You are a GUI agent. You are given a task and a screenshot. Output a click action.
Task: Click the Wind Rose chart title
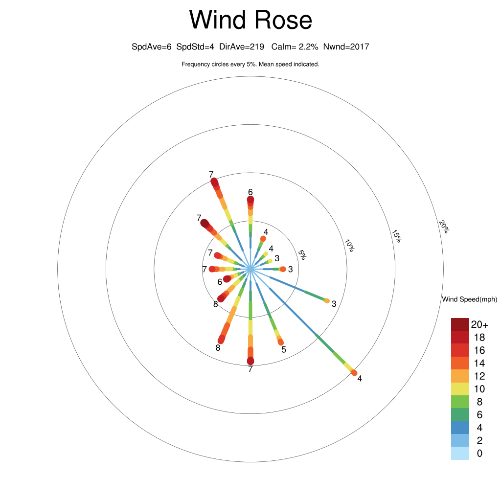pyautogui.click(x=250, y=20)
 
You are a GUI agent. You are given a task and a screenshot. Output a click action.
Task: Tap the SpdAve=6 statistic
pyautogui.click(x=152, y=47)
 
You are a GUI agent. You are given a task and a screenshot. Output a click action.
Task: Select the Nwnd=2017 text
pyautogui.click(x=346, y=47)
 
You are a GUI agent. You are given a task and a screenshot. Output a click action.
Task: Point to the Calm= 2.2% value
pyautogui.click(x=295, y=47)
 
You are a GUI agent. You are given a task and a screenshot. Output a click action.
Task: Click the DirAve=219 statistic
pyautogui.click(x=242, y=47)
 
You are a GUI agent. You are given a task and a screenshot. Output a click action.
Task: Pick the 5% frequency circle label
pyautogui.click(x=302, y=254)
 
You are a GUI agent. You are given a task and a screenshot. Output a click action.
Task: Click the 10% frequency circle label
pyautogui.click(x=349, y=246)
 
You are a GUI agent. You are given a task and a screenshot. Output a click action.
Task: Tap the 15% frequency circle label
pyautogui.click(x=396, y=236)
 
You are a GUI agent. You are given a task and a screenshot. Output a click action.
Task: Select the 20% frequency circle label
pyautogui.click(x=444, y=227)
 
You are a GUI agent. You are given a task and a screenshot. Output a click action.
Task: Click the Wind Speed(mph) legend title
pyautogui.click(x=469, y=299)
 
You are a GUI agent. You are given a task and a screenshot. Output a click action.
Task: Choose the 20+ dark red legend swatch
pyautogui.click(x=460, y=324)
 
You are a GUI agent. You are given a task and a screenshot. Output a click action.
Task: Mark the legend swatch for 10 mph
pyautogui.click(x=460, y=389)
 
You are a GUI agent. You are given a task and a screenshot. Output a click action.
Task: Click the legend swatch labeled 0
pyautogui.click(x=460, y=454)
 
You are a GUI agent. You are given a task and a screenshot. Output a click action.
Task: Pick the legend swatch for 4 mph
pyautogui.click(x=460, y=428)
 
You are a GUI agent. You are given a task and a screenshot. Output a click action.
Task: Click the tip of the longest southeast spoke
pyautogui.click(x=354, y=373)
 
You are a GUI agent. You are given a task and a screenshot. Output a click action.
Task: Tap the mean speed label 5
pyautogui.click(x=284, y=349)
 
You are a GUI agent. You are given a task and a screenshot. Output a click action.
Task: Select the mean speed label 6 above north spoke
pyautogui.click(x=250, y=192)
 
